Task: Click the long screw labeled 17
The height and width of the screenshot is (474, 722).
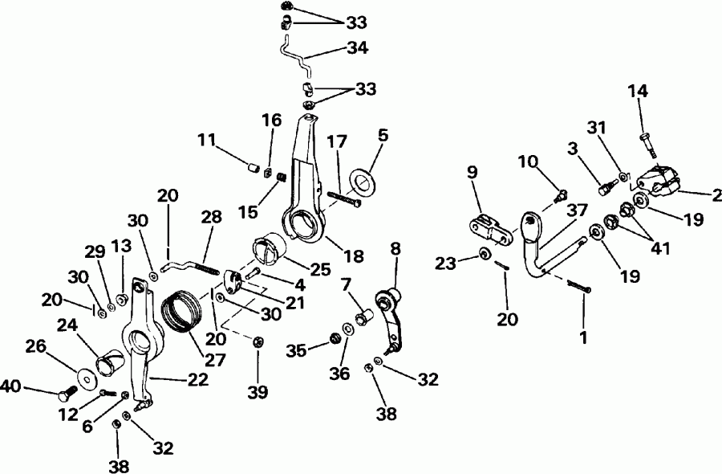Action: (x=345, y=198)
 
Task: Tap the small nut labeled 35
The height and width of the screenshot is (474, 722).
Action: (x=331, y=345)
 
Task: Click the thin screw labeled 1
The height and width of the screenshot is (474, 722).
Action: (x=578, y=285)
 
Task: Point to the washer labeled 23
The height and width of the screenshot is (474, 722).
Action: (x=485, y=255)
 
